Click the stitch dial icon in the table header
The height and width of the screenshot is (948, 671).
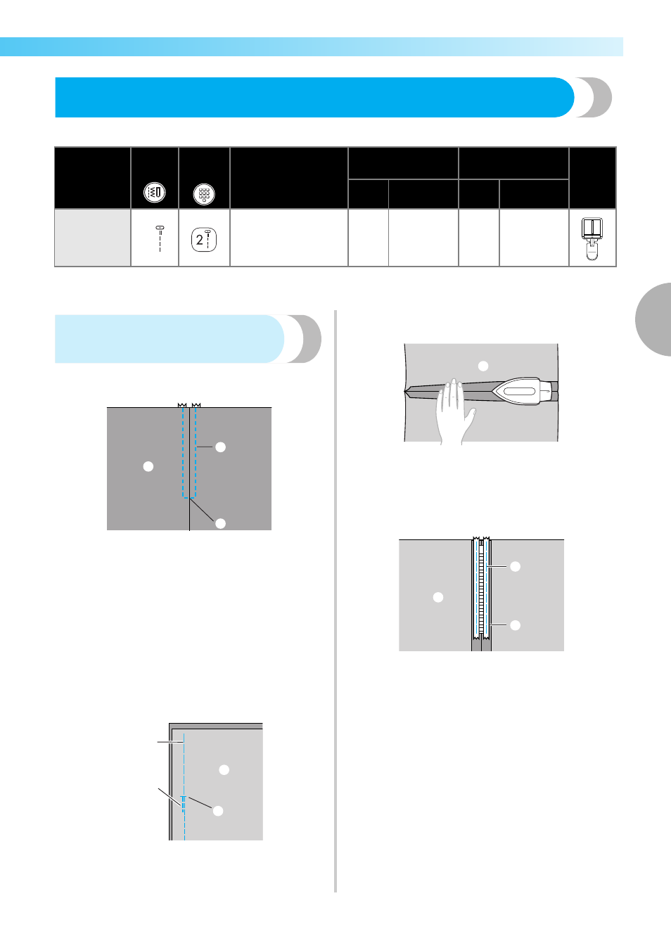point(155,193)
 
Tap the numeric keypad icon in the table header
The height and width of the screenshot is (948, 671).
point(204,194)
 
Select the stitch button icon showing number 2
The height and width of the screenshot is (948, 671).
point(204,240)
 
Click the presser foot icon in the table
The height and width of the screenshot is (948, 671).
point(592,238)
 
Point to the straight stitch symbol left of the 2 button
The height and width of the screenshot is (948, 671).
point(160,239)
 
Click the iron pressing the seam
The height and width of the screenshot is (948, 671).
point(525,390)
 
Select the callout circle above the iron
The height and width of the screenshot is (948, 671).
point(483,366)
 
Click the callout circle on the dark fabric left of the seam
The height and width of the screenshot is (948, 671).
point(148,466)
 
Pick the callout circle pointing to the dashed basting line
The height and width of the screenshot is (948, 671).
point(221,447)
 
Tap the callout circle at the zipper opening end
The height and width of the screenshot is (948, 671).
point(221,523)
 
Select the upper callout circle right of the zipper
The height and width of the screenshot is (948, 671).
point(516,566)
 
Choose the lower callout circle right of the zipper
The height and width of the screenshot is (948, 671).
point(516,625)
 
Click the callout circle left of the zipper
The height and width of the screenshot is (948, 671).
point(438,597)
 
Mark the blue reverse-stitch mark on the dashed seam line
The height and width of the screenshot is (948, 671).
point(184,803)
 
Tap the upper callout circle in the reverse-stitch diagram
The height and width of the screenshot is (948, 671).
point(224,770)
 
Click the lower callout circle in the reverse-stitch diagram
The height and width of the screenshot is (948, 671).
point(218,811)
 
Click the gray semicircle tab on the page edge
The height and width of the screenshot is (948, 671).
point(654,319)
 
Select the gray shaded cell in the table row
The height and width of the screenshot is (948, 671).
point(93,238)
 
